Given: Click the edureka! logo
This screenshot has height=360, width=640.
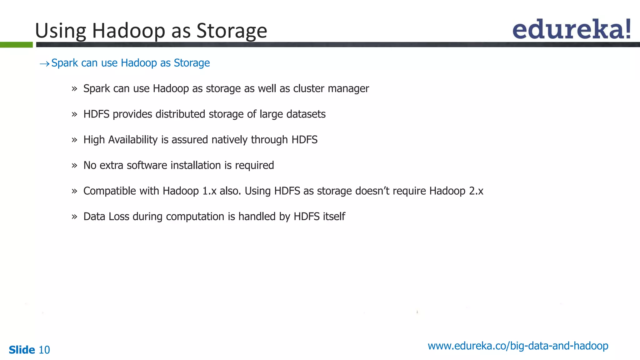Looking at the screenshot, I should [571, 29].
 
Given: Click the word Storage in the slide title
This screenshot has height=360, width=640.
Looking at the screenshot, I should [232, 31].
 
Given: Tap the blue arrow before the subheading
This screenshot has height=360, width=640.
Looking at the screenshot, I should [44, 64].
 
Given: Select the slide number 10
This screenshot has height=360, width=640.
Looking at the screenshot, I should [44, 350].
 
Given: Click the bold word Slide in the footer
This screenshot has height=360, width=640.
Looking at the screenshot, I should [22, 350].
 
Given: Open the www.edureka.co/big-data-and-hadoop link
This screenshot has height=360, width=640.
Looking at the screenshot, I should [518, 346].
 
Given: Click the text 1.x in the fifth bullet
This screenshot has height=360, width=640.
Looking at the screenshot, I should [209, 191].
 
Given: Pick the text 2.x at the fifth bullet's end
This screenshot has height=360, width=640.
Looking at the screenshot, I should [476, 191].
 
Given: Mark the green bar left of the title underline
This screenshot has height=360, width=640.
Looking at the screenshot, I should [16, 45].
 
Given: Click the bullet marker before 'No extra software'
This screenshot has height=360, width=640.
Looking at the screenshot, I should [74, 166].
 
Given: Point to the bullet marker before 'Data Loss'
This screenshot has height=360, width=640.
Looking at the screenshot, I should [74, 217].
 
